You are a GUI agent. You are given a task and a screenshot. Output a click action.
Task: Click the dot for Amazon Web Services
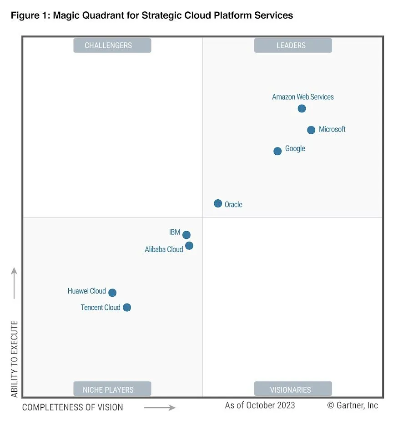point(302,108)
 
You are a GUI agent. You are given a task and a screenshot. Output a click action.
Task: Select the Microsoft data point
point(311,130)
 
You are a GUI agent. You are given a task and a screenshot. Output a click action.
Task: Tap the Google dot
point(277,151)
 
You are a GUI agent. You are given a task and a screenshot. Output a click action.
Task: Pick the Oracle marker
point(218,203)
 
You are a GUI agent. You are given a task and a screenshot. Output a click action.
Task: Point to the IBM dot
point(186,235)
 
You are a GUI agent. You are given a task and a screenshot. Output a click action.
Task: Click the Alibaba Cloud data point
point(189,246)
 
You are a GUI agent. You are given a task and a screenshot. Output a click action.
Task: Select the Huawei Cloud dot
point(112,293)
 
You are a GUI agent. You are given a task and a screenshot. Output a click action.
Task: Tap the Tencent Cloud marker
point(127,308)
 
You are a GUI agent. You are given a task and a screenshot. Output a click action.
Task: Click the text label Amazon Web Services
point(303,97)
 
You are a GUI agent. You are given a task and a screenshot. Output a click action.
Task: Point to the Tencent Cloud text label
point(101,308)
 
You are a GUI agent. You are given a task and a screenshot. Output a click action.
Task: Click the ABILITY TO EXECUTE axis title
point(15,359)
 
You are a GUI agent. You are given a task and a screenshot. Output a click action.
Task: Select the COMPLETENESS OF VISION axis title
point(73,407)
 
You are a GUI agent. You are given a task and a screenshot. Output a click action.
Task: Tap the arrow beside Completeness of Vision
point(160,408)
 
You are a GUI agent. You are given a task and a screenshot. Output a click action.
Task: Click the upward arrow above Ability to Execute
point(14,283)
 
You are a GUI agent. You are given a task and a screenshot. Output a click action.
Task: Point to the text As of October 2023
point(260,405)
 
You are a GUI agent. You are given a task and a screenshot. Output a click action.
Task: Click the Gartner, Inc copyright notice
point(353,405)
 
